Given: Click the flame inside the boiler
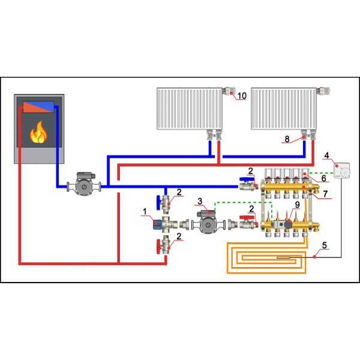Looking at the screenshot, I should point(38,133).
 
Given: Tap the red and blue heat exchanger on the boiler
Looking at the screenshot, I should point(38,107).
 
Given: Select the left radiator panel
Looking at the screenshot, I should point(189,109).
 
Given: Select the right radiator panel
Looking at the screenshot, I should point(283,109).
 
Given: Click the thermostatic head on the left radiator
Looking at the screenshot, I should point(229,91).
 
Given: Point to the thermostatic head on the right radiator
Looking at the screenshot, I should point(323,91).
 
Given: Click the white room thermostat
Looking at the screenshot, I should point(342,170).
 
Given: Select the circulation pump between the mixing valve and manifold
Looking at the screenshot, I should point(208,223).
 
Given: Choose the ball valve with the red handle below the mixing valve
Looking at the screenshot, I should point(163,245).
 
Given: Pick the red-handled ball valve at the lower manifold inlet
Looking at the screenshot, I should point(247,223).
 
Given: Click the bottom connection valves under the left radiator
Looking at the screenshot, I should point(214,135).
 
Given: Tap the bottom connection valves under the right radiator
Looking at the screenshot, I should point(308,135).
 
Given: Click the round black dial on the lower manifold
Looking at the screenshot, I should point(288,224).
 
